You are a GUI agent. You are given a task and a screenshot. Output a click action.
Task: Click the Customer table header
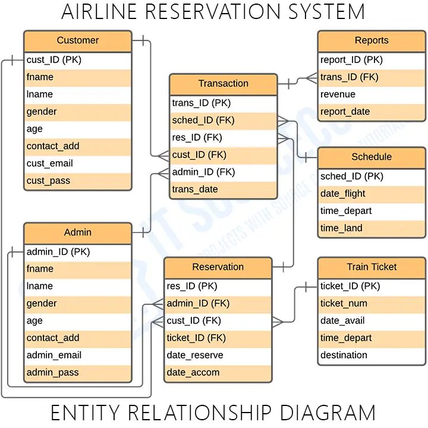(x=77, y=41)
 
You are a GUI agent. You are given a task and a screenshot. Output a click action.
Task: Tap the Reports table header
(x=371, y=41)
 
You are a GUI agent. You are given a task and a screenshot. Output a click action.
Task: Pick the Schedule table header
(x=371, y=158)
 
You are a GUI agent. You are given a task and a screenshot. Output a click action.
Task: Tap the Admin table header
(x=77, y=232)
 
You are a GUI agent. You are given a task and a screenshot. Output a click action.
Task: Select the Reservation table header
(x=218, y=267)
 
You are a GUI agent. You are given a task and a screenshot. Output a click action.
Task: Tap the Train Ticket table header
(x=371, y=267)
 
